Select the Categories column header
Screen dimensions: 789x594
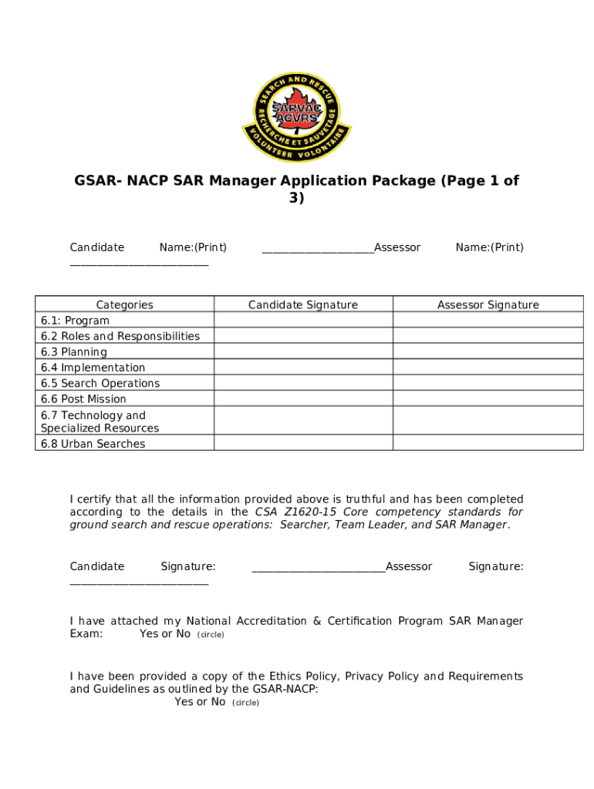tap(124, 304)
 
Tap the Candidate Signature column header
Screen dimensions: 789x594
tap(302, 304)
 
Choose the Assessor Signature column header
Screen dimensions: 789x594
tap(488, 304)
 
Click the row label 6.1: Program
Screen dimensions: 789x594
tap(75, 321)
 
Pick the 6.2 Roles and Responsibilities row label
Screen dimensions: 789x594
tap(120, 336)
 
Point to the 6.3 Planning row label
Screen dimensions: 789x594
tap(73, 352)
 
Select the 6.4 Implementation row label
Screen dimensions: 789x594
tap(93, 368)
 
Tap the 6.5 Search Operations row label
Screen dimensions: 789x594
tap(100, 383)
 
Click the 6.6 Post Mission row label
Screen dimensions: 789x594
tap(83, 399)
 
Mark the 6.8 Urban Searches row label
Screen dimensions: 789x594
tap(93, 444)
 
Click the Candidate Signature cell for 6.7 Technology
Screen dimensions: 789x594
tap(302, 421)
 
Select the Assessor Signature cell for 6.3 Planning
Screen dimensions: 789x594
tap(488, 352)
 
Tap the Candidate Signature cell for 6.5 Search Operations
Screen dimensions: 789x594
tap(302, 383)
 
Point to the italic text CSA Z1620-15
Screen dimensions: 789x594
tap(297, 512)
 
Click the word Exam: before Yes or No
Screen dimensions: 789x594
tap(86, 633)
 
